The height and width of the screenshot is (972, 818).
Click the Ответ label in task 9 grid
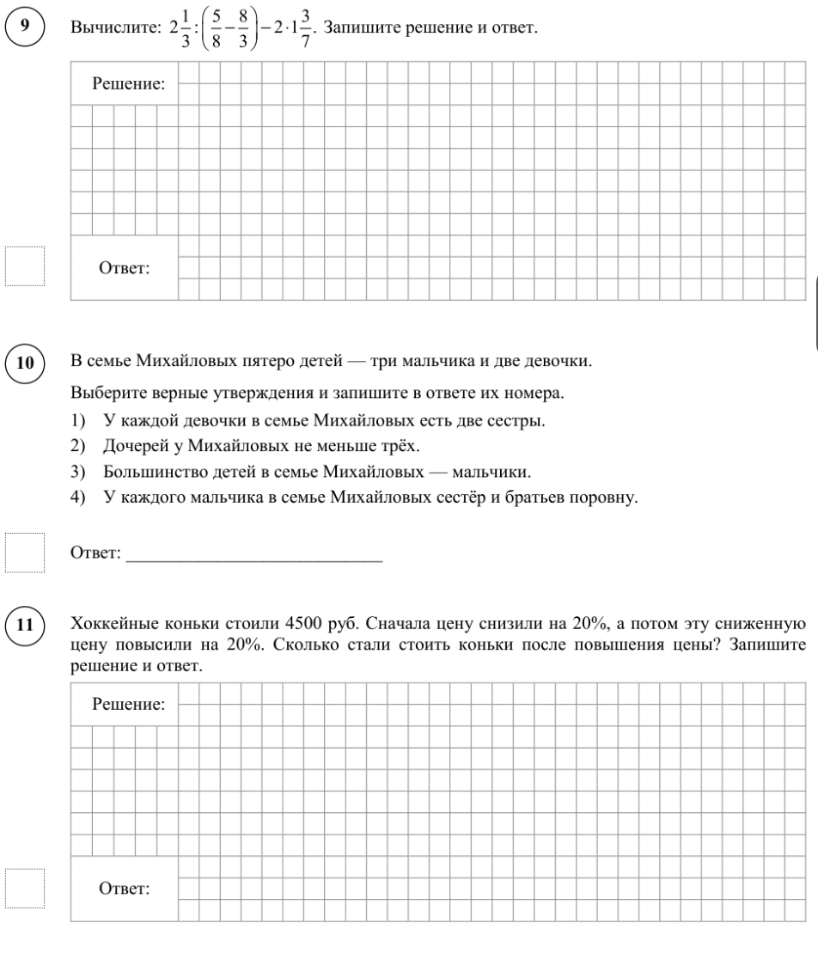(x=124, y=267)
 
